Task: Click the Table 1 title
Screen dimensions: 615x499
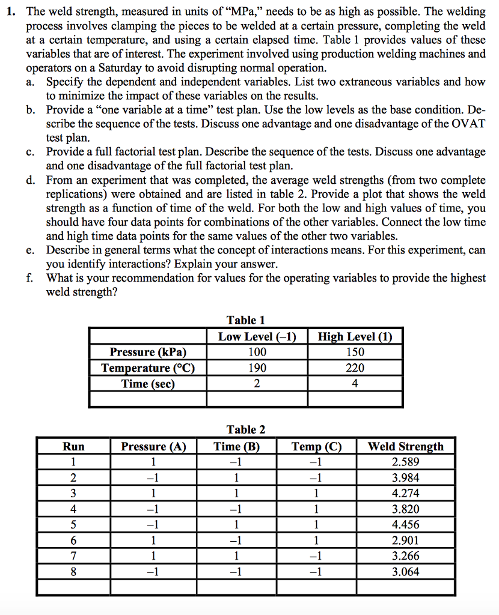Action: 245,320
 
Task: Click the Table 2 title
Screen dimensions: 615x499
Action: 245,429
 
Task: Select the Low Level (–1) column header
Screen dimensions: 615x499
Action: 257,336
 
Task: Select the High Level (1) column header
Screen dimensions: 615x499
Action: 355,336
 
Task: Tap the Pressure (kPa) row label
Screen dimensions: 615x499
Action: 148,352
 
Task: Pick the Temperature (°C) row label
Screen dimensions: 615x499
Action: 148,368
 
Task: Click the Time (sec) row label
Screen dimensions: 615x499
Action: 148,383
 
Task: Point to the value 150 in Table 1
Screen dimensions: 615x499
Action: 355,352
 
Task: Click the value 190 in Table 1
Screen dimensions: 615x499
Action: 257,368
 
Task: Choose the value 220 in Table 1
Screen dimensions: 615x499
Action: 355,368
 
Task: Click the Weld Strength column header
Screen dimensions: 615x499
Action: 405,446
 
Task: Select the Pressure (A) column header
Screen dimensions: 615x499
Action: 154,446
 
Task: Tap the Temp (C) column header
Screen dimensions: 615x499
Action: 316,446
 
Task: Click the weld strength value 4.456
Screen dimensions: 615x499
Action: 405,525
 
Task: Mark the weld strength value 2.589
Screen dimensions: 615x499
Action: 405,462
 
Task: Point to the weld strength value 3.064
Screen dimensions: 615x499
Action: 405,572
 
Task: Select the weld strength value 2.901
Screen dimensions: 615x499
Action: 405,541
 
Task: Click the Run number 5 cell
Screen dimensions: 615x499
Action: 73,525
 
